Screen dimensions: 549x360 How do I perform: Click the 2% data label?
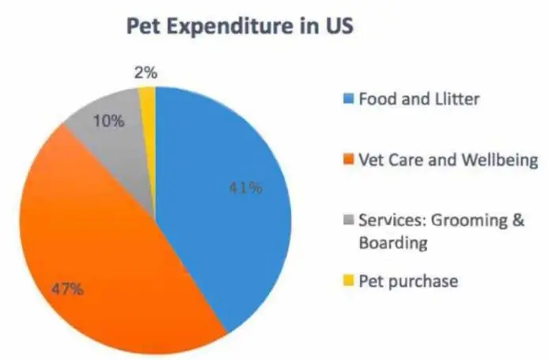point(146,73)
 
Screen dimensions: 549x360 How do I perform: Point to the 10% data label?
point(109,121)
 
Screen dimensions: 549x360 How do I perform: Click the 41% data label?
point(246,188)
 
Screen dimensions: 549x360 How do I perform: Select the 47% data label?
point(67,290)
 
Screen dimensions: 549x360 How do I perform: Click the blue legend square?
point(349,98)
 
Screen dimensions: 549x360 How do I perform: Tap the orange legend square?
point(349,159)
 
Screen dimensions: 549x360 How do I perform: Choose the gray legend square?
point(349,220)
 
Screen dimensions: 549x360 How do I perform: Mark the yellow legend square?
point(349,280)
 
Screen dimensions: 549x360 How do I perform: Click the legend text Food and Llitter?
point(419,99)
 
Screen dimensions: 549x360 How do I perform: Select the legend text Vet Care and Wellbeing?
point(449,160)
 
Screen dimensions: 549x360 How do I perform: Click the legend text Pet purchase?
point(409,281)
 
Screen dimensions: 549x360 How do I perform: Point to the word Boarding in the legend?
point(393,243)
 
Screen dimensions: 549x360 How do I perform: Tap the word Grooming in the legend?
point(469,221)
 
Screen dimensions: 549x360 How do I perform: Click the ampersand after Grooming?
point(518,220)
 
